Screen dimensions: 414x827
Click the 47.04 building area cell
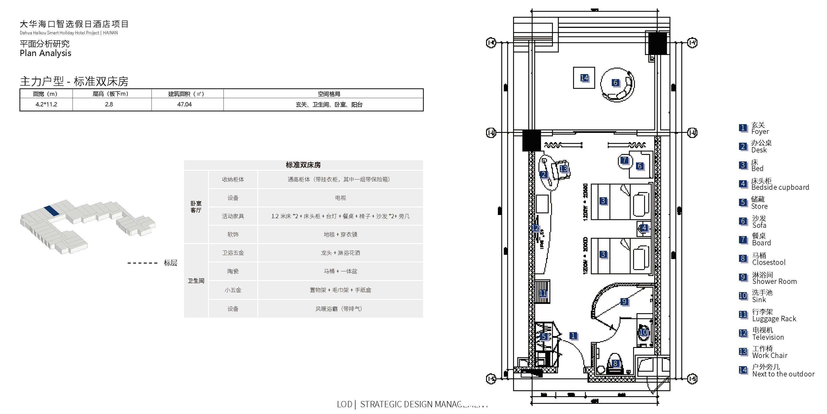(184, 104)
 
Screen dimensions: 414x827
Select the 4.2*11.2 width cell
(46, 104)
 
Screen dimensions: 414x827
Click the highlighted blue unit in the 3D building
(51, 211)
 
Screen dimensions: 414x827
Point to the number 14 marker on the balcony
(584, 78)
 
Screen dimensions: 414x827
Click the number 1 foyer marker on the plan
(573, 336)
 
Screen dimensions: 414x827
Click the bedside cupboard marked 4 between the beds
(644, 228)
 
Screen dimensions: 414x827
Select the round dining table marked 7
(624, 161)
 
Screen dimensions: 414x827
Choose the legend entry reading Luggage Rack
(774, 319)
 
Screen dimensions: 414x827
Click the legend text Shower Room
(774, 282)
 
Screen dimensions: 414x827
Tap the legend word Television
(768, 337)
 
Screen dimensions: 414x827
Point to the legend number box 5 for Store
(742, 202)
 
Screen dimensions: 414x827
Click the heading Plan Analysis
(45, 53)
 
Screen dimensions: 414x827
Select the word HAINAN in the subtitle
(110, 33)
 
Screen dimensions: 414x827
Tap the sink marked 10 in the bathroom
(643, 332)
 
